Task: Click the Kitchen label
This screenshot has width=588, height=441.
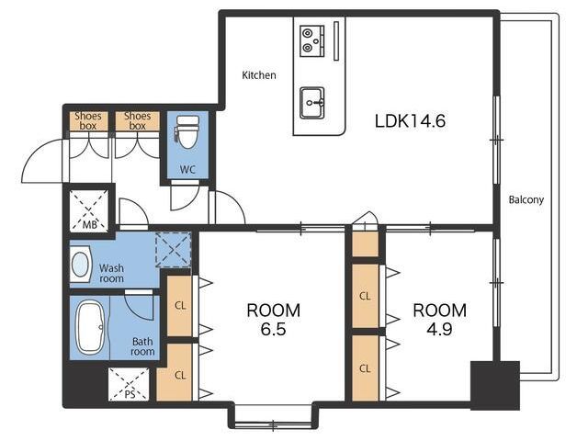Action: click(x=259, y=75)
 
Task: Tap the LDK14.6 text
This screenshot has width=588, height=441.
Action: click(x=411, y=121)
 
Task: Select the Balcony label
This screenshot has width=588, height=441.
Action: click(x=526, y=199)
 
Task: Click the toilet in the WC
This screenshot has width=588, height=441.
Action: click(x=187, y=132)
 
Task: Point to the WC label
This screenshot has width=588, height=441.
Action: click(x=187, y=169)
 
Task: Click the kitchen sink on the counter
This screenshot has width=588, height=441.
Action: click(x=312, y=103)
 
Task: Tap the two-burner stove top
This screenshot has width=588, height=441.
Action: click(x=312, y=41)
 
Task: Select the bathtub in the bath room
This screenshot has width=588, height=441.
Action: click(x=90, y=328)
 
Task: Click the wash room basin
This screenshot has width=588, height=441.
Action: click(x=81, y=265)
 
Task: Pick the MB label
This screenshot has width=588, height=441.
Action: click(x=90, y=224)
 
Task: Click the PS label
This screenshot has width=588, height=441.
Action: click(x=130, y=394)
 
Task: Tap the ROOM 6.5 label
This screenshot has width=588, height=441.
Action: click(x=274, y=320)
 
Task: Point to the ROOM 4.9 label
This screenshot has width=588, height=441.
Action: click(x=439, y=320)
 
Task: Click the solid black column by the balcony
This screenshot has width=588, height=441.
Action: click(x=495, y=386)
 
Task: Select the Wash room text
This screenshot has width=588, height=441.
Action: click(x=111, y=274)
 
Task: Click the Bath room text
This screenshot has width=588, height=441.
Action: click(x=142, y=346)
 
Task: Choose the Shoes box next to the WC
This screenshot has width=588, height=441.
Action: click(x=137, y=120)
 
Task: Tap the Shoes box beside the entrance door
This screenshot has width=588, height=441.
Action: click(x=88, y=120)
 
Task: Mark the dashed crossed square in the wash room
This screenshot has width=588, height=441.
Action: click(x=174, y=249)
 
